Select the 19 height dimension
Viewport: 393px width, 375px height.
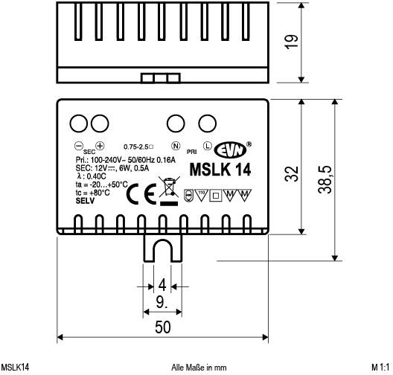click(x=293, y=42)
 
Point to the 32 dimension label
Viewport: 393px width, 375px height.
click(x=293, y=173)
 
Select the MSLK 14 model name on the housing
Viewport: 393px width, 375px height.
click(x=220, y=170)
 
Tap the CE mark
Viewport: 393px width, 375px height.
click(x=138, y=195)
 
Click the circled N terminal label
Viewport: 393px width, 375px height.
click(x=176, y=146)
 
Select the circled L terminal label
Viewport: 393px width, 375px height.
click(x=207, y=146)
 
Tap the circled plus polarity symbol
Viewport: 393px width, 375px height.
click(x=100, y=146)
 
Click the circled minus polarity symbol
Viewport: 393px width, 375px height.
click(x=78, y=146)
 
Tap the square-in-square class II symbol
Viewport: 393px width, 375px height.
click(x=214, y=196)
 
